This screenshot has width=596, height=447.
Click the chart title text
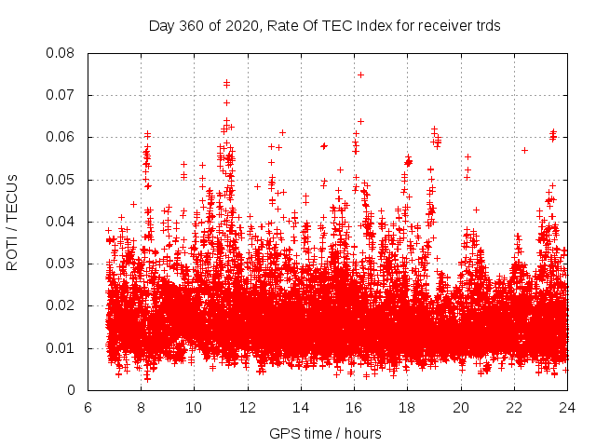[324, 26]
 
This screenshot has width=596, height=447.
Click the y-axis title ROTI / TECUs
[13, 221]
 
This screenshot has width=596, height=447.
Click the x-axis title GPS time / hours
[325, 433]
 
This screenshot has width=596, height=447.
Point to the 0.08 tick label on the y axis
[62, 53]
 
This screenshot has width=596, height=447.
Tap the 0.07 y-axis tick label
[62, 95]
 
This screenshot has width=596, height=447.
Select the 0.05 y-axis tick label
[62, 180]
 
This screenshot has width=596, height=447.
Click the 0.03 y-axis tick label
[62, 264]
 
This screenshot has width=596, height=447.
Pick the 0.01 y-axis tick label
[62, 348]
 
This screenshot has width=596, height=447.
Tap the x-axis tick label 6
[88, 408]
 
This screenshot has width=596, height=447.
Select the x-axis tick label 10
[194, 408]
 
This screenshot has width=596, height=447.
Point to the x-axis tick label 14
[301, 408]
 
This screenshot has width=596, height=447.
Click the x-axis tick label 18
[408, 408]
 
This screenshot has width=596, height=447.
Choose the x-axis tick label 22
[514, 408]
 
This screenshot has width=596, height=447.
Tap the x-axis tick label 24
[567, 408]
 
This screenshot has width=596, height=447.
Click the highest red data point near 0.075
[360, 74]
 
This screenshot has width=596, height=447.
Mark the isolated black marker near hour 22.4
[524, 150]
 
